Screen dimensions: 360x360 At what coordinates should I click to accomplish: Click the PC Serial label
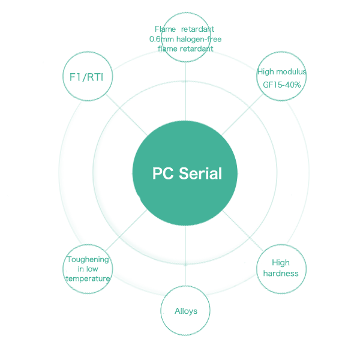(187, 174)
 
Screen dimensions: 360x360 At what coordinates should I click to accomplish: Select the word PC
(163, 174)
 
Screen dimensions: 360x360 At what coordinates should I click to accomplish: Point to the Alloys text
(185, 311)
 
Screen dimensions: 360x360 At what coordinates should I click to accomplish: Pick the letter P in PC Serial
(158, 174)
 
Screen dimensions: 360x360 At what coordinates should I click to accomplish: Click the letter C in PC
(168, 174)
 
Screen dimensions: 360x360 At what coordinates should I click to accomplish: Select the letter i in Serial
(206, 174)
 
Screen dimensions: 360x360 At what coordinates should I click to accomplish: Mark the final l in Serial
(220, 174)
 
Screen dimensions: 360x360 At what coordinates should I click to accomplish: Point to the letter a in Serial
(213, 175)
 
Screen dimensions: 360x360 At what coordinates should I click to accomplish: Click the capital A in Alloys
(177, 311)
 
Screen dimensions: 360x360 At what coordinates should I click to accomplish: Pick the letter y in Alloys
(190, 312)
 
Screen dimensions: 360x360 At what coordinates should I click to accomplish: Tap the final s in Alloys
(194, 311)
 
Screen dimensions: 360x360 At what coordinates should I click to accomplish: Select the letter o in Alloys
(185, 311)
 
